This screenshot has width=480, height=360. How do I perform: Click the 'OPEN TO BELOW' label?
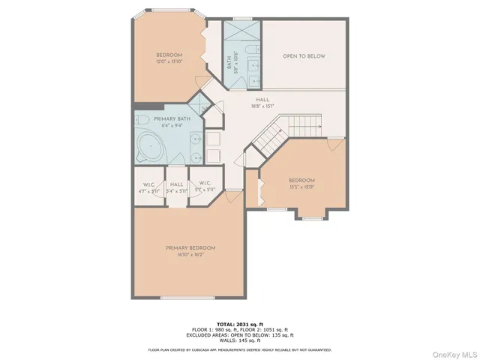click(303, 56)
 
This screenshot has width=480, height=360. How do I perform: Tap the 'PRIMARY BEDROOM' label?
click(190, 248)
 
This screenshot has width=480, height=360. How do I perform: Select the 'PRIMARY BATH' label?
click(172, 119)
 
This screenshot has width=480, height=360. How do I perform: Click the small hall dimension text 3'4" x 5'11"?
click(177, 190)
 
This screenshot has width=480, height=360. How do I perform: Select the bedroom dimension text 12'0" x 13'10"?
click(169, 61)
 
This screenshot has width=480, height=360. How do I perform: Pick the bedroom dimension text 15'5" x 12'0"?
click(301, 187)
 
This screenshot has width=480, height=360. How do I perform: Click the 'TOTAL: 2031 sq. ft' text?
click(239, 323)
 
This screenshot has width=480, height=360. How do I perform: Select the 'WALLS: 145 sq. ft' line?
click(239, 341)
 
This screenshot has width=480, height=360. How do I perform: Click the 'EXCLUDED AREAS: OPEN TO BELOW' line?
click(239, 335)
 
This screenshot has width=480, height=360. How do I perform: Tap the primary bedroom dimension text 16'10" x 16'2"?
click(190, 255)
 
